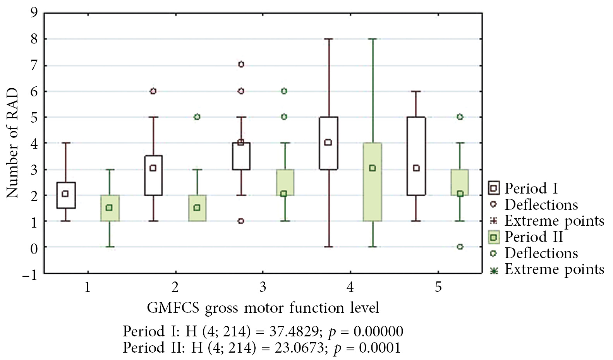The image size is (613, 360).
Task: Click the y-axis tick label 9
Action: click(x=34, y=13)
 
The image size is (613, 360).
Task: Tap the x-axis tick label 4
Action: click(x=350, y=287)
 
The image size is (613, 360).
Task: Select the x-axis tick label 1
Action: click(x=88, y=287)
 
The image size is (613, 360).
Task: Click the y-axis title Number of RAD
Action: click(x=12, y=143)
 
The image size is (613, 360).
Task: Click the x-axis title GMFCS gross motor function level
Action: click(x=263, y=308)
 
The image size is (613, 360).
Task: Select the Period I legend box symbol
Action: click(x=494, y=189)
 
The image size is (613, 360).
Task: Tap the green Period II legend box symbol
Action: click(x=494, y=237)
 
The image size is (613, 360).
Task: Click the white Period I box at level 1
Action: click(x=66, y=195)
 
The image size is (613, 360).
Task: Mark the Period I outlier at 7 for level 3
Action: click(x=241, y=65)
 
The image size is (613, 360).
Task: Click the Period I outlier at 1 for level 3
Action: click(x=241, y=221)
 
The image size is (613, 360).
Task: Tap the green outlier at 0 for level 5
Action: click(x=460, y=247)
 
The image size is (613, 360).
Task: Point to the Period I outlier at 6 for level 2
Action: click(x=153, y=91)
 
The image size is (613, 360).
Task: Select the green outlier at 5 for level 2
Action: click(x=197, y=117)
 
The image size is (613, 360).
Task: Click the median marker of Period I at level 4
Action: click(x=328, y=142)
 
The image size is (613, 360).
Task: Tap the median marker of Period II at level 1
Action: click(x=109, y=208)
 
